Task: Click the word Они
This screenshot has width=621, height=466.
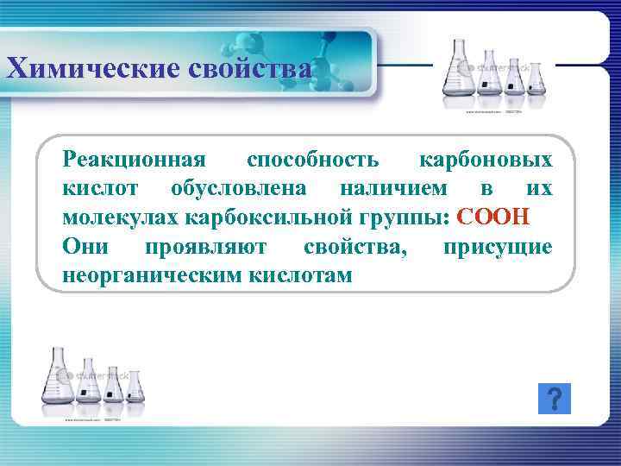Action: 85,246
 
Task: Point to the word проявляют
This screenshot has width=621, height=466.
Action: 206,246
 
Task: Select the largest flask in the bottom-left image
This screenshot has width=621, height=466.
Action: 59,379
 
